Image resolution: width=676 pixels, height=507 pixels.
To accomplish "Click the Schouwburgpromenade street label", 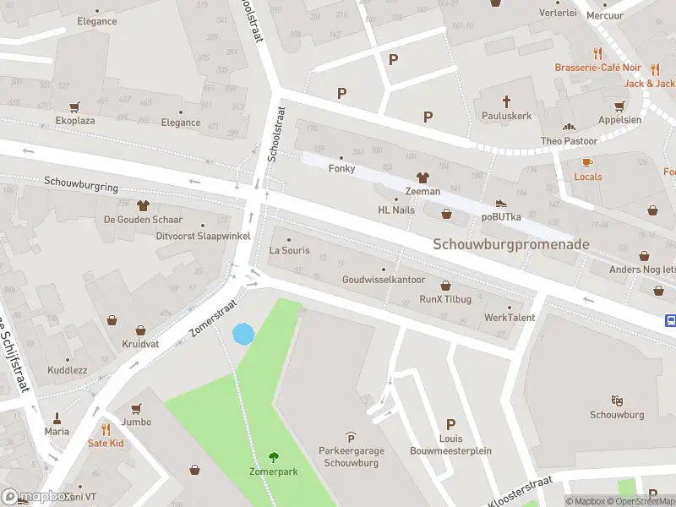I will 511,244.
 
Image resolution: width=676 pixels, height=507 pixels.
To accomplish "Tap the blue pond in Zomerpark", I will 243,334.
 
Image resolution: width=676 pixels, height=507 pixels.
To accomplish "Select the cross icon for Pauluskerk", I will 507,101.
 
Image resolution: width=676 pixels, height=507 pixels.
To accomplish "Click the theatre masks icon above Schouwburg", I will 617,401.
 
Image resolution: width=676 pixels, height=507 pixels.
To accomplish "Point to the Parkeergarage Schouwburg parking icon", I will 352,437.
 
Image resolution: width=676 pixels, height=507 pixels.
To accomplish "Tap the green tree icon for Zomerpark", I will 273,457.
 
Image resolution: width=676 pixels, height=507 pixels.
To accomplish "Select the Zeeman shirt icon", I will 422,177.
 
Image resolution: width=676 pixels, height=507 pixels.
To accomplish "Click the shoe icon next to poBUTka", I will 501,203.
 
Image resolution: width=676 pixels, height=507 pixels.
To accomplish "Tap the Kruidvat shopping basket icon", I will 113,319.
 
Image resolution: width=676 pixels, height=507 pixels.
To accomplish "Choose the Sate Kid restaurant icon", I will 106,429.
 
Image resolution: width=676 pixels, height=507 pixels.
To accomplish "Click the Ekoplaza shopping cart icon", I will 74,107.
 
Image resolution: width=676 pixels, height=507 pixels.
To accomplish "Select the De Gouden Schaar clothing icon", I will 143,205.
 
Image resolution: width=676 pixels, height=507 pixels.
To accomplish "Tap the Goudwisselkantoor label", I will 384,280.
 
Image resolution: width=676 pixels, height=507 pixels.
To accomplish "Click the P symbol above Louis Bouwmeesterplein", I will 450,425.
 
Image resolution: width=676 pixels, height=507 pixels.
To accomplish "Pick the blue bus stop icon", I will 671,320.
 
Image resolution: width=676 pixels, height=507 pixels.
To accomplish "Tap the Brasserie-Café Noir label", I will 597,68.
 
